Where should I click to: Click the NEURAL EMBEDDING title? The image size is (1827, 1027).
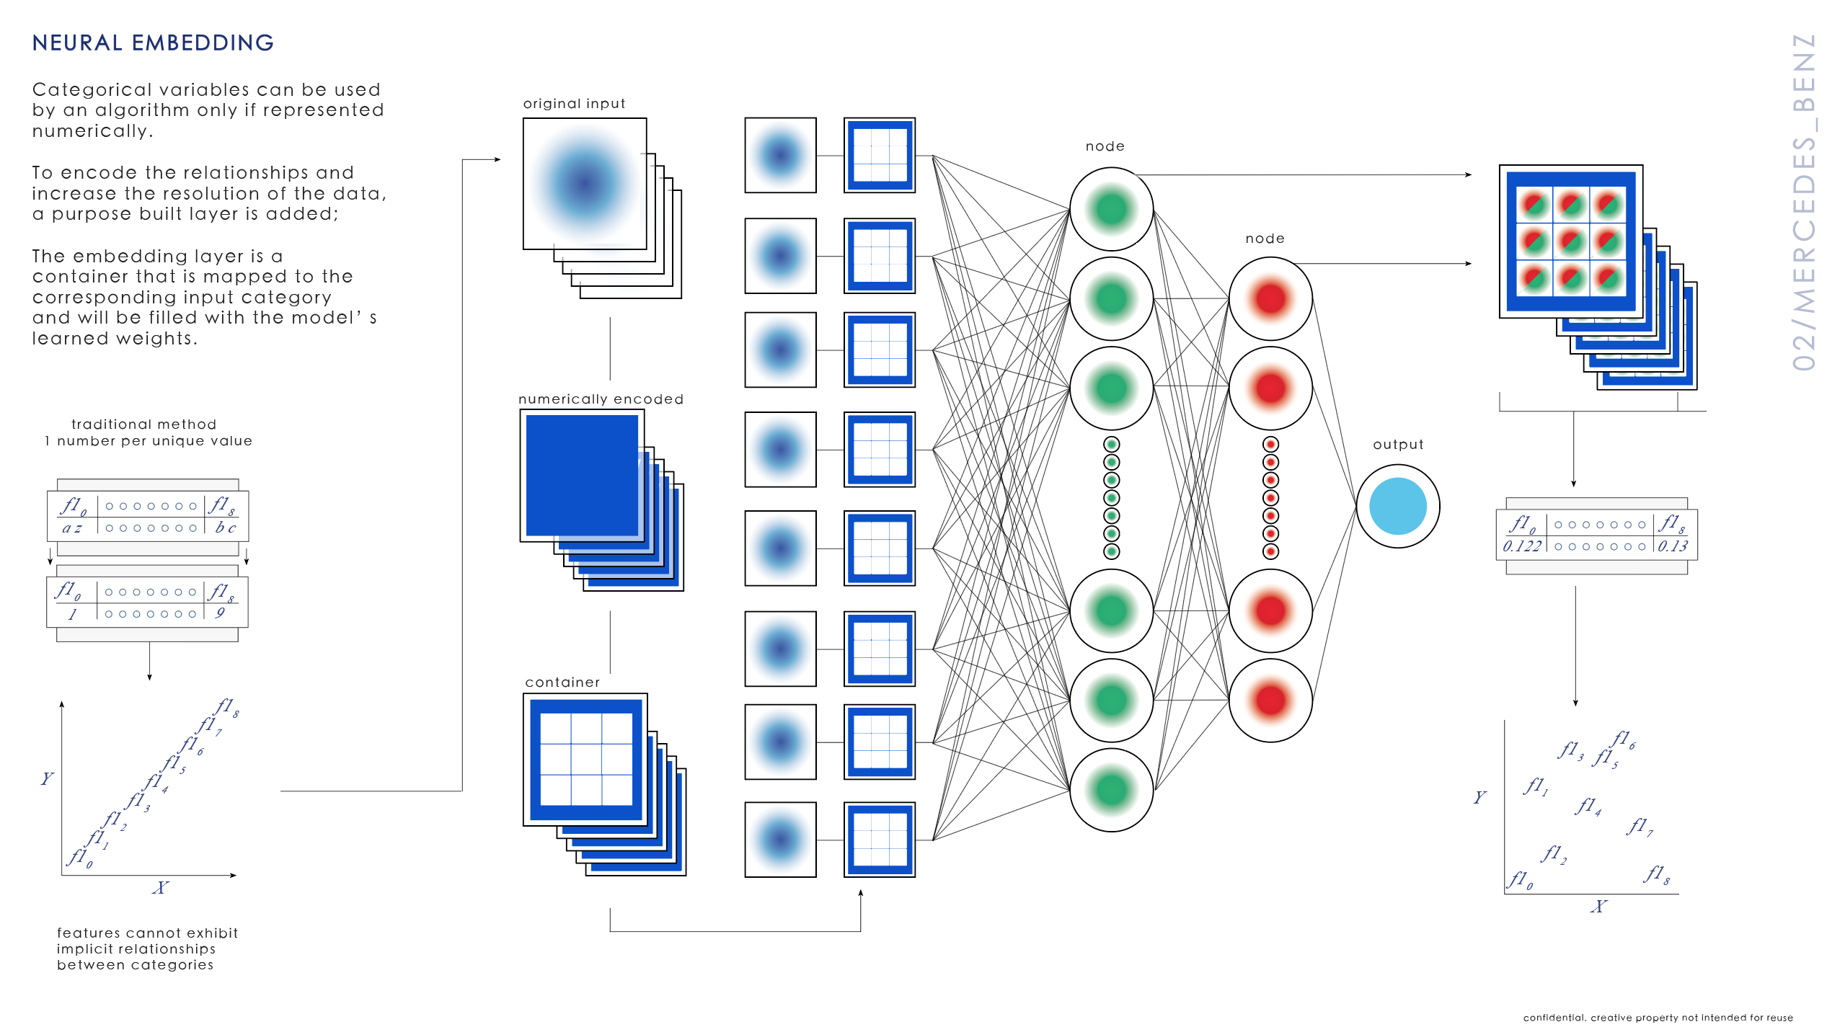click(153, 43)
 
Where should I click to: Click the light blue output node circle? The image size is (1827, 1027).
click(1397, 506)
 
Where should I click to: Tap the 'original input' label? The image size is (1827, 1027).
click(574, 104)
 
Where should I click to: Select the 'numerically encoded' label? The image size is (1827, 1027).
click(601, 399)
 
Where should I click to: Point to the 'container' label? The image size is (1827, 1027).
click(562, 683)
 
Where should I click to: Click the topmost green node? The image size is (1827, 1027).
click(1111, 209)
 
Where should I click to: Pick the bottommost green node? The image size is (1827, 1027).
click(1111, 790)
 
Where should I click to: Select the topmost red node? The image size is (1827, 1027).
click(1270, 298)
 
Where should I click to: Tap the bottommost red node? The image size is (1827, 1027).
click(1270, 700)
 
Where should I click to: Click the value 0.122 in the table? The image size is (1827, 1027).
click(1521, 546)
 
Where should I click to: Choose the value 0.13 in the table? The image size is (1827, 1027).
click(1672, 546)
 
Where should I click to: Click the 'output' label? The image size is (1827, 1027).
click(1398, 445)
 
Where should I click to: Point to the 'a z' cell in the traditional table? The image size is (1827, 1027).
click(72, 528)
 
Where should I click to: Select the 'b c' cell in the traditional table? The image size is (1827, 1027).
click(226, 528)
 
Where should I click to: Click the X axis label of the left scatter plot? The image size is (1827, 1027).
click(160, 888)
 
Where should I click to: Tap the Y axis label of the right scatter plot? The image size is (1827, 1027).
click(1479, 797)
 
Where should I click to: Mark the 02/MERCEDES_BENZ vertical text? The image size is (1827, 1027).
click(1804, 202)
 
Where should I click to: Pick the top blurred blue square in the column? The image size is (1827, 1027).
click(780, 155)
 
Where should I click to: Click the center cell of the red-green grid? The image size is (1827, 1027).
click(1570, 241)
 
